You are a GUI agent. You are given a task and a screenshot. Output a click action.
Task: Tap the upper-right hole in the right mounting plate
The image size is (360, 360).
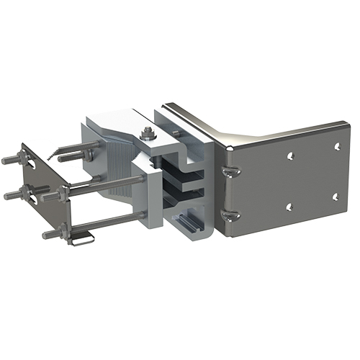pos(336,147)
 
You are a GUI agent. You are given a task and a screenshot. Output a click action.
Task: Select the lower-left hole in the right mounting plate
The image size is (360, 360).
pos(289,207)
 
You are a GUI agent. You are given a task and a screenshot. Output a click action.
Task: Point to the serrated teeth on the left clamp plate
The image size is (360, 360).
pos(50,153)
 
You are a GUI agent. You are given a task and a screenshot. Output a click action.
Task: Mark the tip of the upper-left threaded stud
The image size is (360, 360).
pos(6,160)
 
